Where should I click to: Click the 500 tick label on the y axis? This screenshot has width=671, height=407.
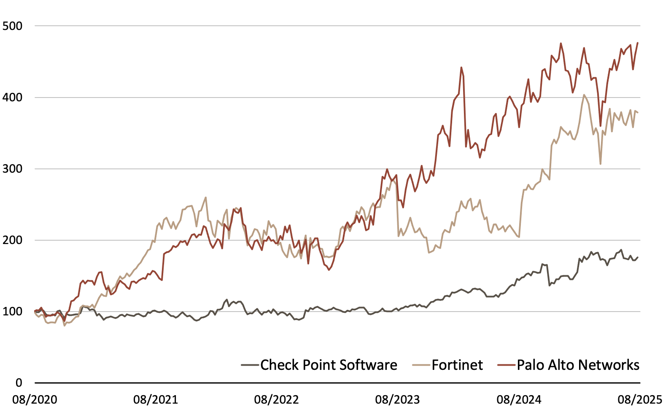click(12, 26)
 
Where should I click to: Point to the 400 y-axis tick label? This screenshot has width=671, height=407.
click(12, 98)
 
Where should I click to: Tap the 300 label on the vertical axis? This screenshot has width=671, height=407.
click(12, 169)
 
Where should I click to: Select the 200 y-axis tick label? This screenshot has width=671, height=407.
click(12, 240)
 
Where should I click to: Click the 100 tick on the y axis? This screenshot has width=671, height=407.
click(12, 312)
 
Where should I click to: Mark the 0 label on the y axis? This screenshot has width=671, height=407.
click(19, 383)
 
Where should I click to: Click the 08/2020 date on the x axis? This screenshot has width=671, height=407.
click(35, 399)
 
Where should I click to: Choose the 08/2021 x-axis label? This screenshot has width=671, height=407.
click(156, 399)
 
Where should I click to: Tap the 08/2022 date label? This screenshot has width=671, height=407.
click(277, 399)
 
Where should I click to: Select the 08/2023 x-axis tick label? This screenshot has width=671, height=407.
click(398, 399)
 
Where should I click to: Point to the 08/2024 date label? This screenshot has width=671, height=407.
click(519, 399)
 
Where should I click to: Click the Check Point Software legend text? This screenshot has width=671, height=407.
click(329, 365)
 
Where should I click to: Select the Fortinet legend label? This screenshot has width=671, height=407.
click(457, 365)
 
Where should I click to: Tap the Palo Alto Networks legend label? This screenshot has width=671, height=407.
click(578, 365)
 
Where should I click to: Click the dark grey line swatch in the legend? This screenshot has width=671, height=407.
click(250, 365)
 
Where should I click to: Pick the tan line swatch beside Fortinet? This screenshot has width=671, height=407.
click(421, 365)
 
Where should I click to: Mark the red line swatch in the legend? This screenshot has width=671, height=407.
click(507, 365)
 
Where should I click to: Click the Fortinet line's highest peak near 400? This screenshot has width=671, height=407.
click(584, 95)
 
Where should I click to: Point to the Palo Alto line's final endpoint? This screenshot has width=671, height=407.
click(638, 43)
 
